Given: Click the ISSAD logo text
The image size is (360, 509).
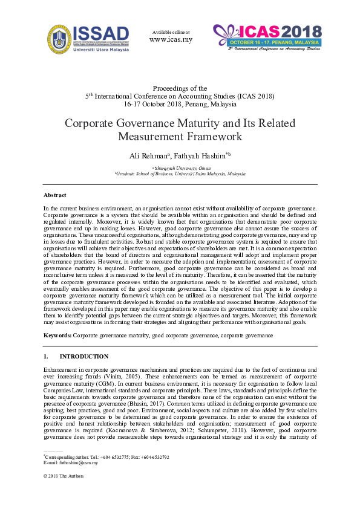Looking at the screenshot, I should (x=100, y=33).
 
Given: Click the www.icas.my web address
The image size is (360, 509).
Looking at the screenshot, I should (x=171, y=40).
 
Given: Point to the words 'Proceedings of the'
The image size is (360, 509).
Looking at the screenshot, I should (x=180, y=88).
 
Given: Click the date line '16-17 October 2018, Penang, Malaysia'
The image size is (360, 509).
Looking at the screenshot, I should (x=180, y=104).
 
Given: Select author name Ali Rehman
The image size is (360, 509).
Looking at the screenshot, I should (x=148, y=157).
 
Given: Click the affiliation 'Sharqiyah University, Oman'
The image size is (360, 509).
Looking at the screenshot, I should (x=180, y=168).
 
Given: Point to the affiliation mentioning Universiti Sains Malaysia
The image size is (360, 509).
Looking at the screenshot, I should (x=180, y=173).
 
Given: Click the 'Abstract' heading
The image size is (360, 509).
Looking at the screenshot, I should (x=55, y=195).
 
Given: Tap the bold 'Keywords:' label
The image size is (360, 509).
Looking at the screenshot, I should (x=57, y=334).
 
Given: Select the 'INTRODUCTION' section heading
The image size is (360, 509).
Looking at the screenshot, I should (x=84, y=357).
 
